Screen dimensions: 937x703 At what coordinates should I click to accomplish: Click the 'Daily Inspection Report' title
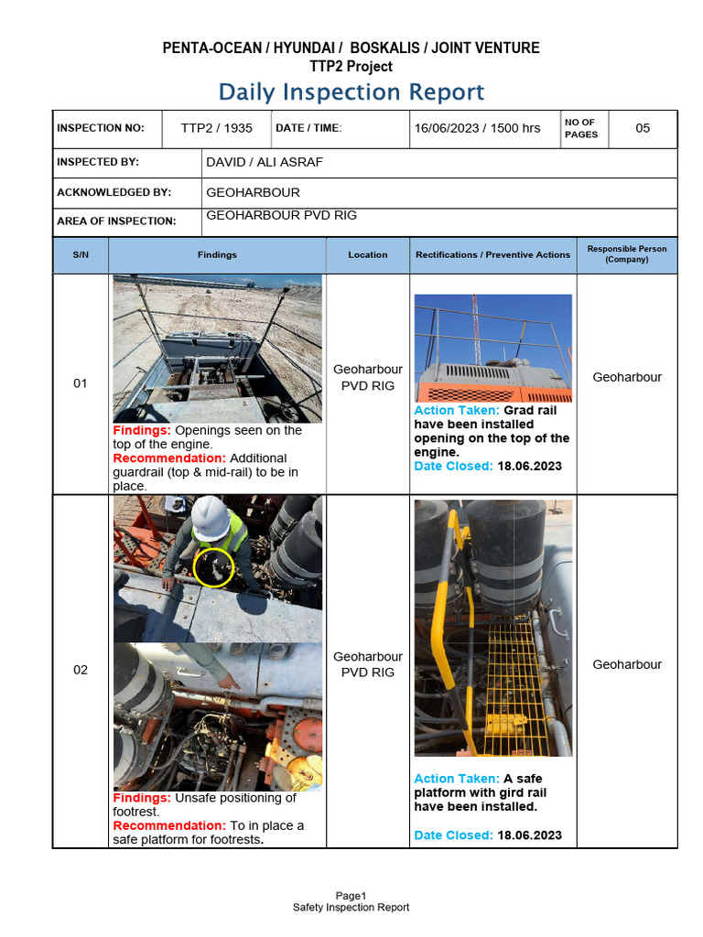point(351,92)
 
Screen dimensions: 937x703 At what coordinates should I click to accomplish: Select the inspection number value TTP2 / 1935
point(216,128)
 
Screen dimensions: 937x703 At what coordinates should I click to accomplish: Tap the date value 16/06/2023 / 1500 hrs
point(477,128)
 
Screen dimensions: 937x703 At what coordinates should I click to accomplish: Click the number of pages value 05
point(643,128)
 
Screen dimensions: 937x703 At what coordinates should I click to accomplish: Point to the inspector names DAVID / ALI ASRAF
point(265,163)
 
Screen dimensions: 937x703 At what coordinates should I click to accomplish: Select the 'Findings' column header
point(217,255)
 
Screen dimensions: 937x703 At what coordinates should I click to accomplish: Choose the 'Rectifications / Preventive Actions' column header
point(492,255)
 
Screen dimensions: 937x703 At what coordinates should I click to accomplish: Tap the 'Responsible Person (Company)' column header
point(627,254)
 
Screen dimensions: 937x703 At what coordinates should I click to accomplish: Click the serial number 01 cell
point(81,383)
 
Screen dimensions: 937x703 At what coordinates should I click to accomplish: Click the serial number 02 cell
point(81,670)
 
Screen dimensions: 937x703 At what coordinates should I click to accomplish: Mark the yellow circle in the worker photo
point(214,567)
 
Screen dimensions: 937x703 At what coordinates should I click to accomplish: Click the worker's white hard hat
point(211,517)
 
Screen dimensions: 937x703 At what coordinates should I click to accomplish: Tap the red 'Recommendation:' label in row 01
point(169,458)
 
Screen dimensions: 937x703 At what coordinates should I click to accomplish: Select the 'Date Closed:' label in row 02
point(453,835)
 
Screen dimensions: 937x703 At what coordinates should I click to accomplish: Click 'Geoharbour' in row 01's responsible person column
point(627,377)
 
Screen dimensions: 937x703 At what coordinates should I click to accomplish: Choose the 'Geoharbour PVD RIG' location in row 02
point(368,664)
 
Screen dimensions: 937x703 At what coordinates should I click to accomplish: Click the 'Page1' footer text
point(351,896)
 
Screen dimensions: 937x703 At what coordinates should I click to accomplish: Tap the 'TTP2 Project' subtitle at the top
point(351,67)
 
